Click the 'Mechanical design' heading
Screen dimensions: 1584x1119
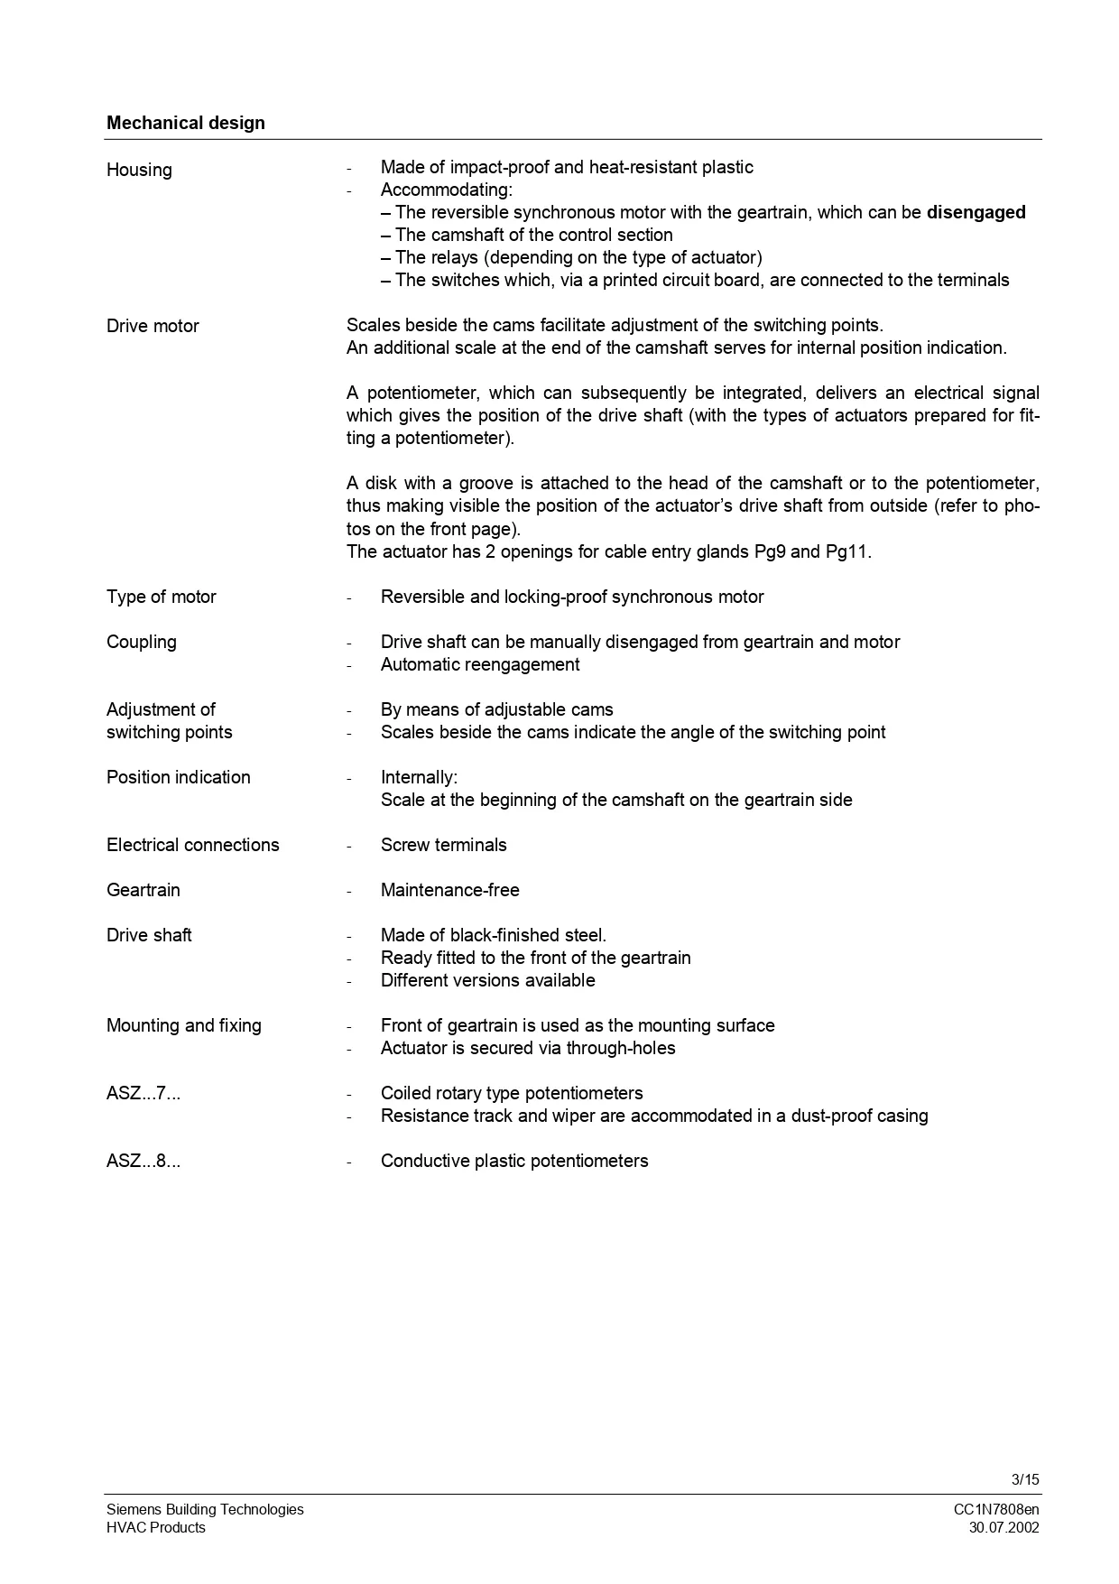pyautogui.click(x=185, y=123)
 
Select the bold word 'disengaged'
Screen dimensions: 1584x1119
pyautogui.click(x=976, y=212)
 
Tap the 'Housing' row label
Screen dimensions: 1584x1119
pyautogui.click(x=139, y=170)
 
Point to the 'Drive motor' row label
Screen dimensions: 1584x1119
pyautogui.click(x=153, y=326)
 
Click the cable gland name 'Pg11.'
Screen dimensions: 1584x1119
pyautogui.click(x=848, y=551)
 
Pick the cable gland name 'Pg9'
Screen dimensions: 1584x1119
pyautogui.click(x=769, y=551)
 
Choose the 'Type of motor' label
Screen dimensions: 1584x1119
pyautogui.click(x=161, y=597)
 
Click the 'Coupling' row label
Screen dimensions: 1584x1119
pyautogui.click(x=141, y=642)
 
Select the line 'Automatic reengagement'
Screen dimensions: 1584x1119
pyautogui.click(x=479, y=664)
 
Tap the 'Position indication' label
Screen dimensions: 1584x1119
pyautogui.click(x=178, y=777)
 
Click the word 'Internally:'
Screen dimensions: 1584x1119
pyautogui.click(x=419, y=777)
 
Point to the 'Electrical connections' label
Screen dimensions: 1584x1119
pyautogui.click(x=192, y=845)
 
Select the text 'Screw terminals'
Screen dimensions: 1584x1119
pyautogui.click(x=443, y=845)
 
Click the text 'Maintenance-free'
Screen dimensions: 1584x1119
pyautogui.click(x=449, y=890)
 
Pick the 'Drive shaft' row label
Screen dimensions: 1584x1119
pyautogui.click(x=149, y=935)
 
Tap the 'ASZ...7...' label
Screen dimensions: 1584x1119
pyautogui.click(x=143, y=1093)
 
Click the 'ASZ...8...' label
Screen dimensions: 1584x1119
pyautogui.click(x=143, y=1161)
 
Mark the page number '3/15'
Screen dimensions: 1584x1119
pyautogui.click(x=1025, y=1479)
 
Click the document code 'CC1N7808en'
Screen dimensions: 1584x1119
pyautogui.click(x=995, y=1509)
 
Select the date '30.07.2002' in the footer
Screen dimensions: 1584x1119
pyautogui.click(x=1003, y=1527)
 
